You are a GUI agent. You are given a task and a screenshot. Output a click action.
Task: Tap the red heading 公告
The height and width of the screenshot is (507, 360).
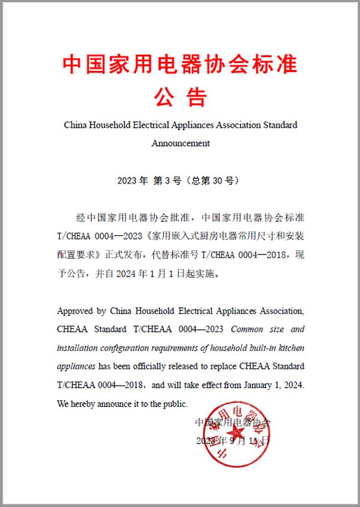(x=180, y=95)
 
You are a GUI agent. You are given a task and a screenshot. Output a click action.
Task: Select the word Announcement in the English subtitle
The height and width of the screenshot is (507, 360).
(x=181, y=143)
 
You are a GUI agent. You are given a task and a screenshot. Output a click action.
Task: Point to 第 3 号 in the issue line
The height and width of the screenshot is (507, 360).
(x=166, y=181)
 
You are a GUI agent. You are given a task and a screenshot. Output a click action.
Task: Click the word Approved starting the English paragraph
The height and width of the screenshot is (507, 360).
(x=75, y=311)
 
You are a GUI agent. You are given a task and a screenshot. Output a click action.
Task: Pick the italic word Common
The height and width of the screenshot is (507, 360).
(x=247, y=329)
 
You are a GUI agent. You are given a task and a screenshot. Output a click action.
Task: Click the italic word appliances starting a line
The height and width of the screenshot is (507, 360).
(x=76, y=366)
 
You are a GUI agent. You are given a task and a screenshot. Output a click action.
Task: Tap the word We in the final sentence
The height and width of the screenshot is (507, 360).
(x=63, y=403)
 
